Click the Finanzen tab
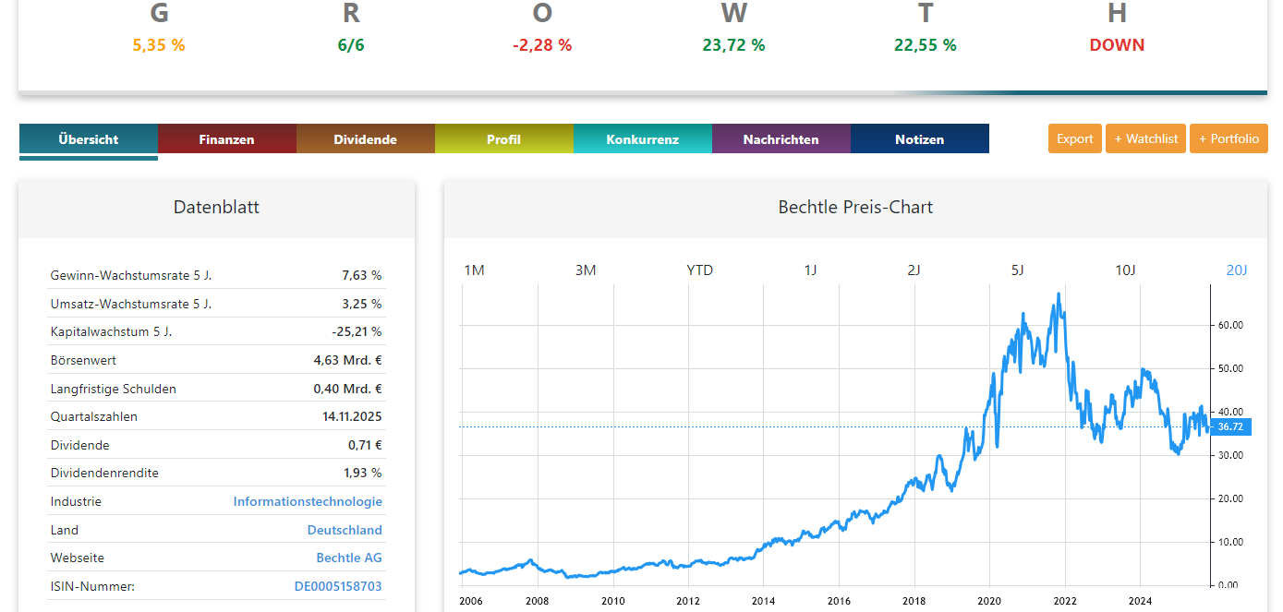(x=226, y=139)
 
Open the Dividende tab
(x=365, y=139)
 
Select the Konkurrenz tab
(x=642, y=139)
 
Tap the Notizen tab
(x=919, y=139)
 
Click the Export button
(x=1075, y=138)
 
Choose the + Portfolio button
(x=1229, y=138)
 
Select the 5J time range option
(x=1017, y=270)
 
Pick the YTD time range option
(x=699, y=270)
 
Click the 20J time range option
(x=1237, y=270)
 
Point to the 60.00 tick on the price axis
(x=1230, y=325)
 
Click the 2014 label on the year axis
(x=763, y=601)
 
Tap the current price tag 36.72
(x=1229, y=426)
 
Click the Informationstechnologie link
(x=308, y=501)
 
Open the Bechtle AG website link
(x=349, y=558)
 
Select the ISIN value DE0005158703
(x=338, y=586)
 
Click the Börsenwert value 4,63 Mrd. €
(x=347, y=360)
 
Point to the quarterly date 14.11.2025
(x=352, y=416)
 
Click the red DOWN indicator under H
(x=1117, y=45)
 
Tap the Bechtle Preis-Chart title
(x=855, y=207)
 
